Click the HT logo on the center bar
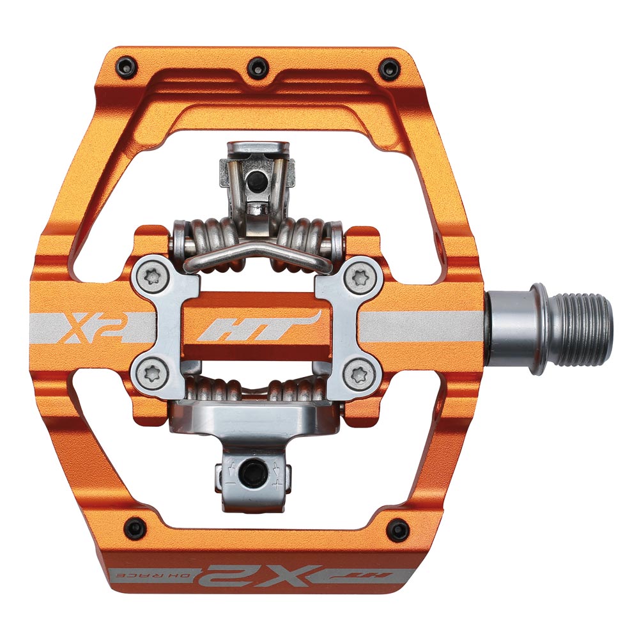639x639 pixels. pyautogui.click(x=256, y=325)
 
